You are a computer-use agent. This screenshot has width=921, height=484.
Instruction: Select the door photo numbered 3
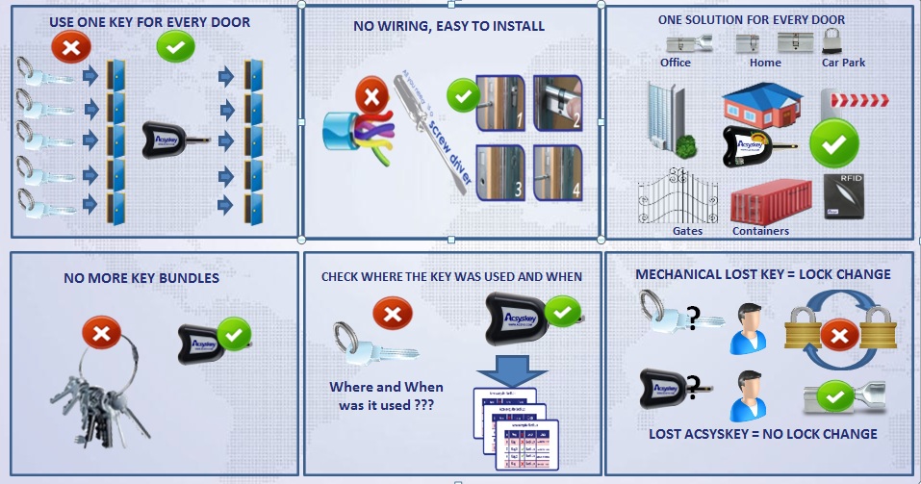pos(501,170)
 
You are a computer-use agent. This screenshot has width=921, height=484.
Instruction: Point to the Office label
pos(676,63)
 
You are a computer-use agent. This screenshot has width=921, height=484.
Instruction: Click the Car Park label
pos(843,63)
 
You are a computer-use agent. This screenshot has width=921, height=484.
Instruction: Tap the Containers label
pos(760,231)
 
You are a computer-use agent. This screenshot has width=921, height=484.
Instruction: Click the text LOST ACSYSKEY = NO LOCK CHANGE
pos(762,434)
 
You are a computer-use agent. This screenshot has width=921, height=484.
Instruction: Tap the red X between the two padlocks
pos(840,336)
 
